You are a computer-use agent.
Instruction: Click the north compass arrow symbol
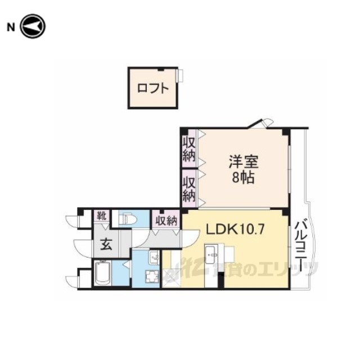(33, 26)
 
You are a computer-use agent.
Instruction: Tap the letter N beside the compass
(11, 28)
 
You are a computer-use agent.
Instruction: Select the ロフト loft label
(153, 88)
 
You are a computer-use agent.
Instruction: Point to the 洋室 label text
(244, 162)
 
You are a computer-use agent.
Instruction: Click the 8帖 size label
(243, 178)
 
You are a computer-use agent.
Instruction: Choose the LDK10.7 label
(235, 229)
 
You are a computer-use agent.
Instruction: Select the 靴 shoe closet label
(101, 215)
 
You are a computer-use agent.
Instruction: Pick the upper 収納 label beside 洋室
(189, 148)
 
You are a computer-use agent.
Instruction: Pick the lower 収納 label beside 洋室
(189, 188)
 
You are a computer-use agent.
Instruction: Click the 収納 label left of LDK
(166, 221)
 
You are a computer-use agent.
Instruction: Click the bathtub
(103, 273)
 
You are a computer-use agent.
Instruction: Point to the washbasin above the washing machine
(154, 258)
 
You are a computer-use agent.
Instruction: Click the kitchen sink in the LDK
(211, 254)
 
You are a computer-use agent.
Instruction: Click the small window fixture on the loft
(180, 75)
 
